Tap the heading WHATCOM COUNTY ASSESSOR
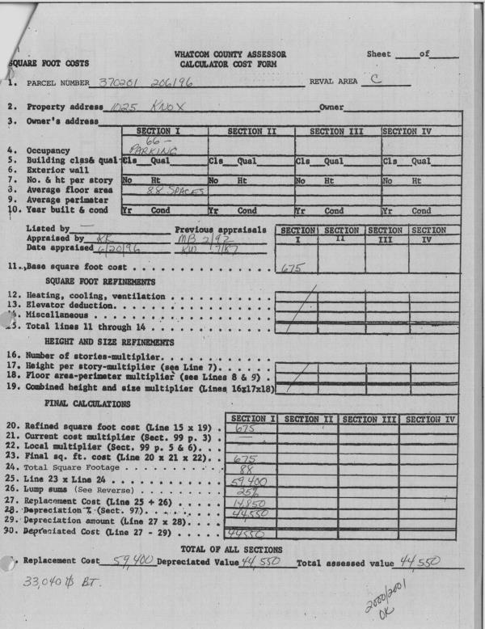coord(229,53)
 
